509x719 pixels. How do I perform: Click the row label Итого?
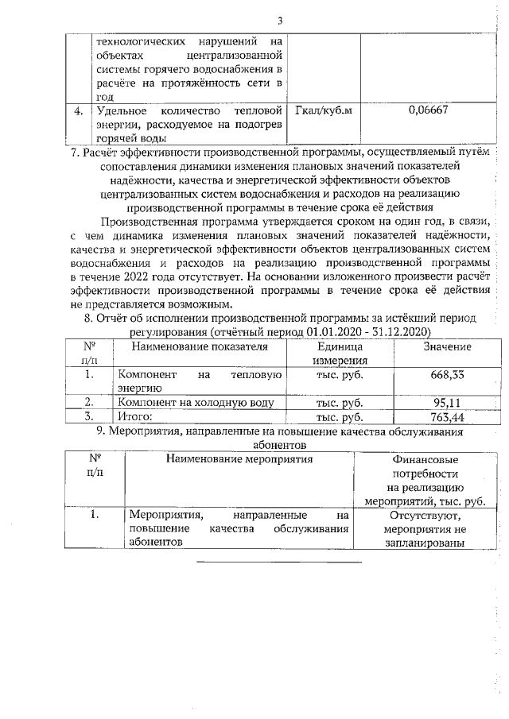[135, 416]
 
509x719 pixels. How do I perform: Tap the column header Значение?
[447, 347]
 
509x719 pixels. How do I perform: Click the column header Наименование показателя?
[200, 347]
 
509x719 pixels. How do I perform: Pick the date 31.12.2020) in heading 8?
[401, 330]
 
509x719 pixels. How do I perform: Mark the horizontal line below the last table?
[278, 562]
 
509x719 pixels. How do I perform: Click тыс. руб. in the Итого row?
[340, 416]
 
